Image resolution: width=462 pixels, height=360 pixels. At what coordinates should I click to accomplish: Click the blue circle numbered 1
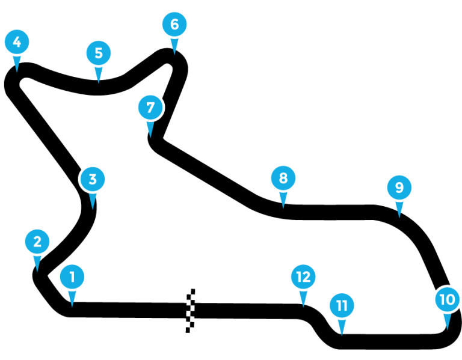72,277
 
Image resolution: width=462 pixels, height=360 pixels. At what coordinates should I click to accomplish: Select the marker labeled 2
37,242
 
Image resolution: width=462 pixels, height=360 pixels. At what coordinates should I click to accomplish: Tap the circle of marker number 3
93,179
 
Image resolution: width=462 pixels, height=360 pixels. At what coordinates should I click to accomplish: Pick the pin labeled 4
17,42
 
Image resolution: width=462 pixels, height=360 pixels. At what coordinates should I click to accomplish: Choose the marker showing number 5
99,53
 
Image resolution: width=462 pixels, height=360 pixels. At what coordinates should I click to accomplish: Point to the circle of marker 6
174,25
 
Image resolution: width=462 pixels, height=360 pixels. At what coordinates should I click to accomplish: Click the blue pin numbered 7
150,108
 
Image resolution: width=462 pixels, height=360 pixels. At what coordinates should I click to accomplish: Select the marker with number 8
283,178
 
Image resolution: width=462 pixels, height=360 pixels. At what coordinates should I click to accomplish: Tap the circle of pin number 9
399,188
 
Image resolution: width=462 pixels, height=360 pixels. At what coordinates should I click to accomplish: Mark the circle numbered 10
447,299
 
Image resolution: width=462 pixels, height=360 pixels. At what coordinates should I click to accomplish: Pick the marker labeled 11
342,306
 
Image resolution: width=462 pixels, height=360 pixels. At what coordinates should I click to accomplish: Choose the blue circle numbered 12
303,276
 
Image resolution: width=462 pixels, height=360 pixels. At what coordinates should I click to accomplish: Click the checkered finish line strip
190,311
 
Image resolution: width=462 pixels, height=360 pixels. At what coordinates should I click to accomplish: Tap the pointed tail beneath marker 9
399,210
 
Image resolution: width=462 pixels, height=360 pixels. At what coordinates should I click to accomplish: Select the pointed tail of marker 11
342,328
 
